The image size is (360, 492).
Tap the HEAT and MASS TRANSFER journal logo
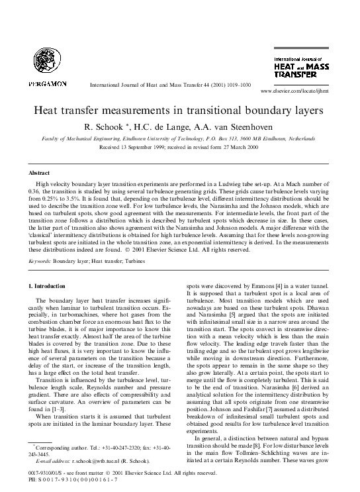point(301,67)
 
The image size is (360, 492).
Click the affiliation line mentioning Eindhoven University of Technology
point(179,138)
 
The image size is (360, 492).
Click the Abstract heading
point(38,172)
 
